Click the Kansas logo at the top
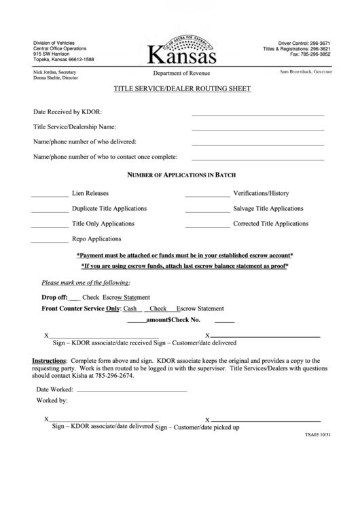pos(179,49)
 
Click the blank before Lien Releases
pos(50,196)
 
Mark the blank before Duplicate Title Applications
pos(50,211)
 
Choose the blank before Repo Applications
pos(50,242)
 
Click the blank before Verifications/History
pos(207,196)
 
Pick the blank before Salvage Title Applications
pos(207,211)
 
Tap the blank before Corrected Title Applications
pos(207,226)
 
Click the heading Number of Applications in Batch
pos(181,175)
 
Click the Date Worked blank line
pos(132,392)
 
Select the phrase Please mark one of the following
pos(86,283)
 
